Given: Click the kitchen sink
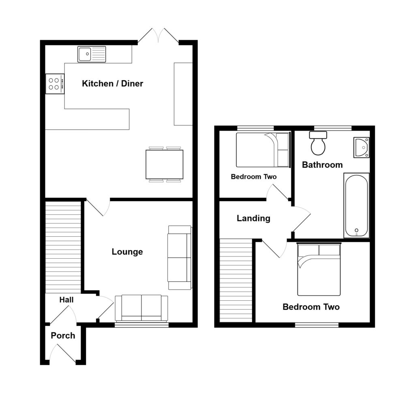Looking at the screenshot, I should [92, 54].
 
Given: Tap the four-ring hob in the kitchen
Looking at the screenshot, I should [55, 84].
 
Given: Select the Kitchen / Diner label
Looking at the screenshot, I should [112, 84].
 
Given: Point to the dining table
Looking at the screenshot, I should [164, 165].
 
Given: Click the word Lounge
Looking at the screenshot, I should [127, 252].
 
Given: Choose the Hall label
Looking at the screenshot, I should [66, 300].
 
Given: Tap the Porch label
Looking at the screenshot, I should [63, 336].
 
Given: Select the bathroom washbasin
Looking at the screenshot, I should [361, 147].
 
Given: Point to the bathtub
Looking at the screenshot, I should [356, 205].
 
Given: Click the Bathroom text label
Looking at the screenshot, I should [322, 165].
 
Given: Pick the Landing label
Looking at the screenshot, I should [253, 219].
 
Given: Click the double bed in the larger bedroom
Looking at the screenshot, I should [319, 270].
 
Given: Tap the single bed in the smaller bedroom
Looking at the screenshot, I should [263, 150].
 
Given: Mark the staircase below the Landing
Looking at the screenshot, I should [235, 280].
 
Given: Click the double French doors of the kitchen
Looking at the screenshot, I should [158, 36].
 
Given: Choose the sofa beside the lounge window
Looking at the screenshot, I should [141, 308].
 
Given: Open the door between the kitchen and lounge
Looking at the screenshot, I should [98, 207].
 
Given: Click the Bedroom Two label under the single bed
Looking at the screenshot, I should [254, 177].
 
